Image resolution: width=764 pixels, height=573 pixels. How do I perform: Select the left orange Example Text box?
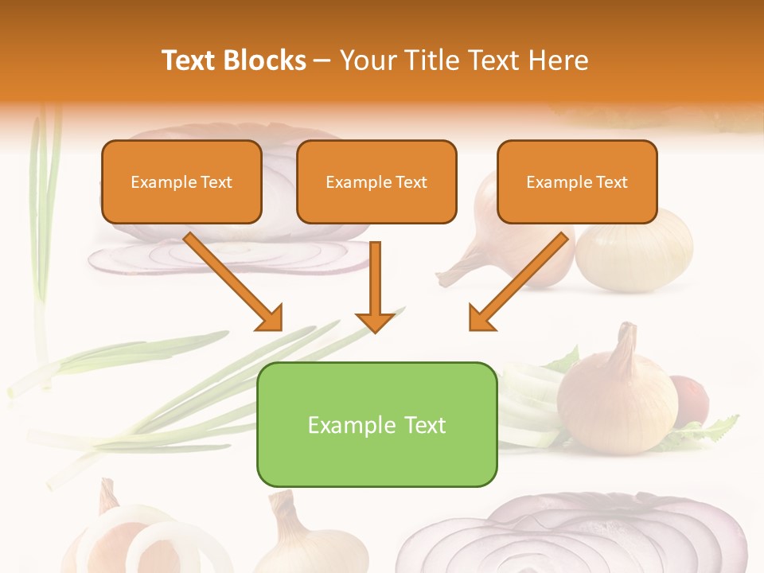point(181,182)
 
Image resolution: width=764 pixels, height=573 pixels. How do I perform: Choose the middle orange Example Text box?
point(376,182)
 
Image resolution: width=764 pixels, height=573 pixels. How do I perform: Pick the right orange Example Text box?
point(577,182)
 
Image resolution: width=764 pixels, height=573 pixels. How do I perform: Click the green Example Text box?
point(376,424)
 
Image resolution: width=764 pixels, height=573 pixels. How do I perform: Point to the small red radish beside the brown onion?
point(691,398)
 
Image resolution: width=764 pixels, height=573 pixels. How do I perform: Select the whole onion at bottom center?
point(306,541)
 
